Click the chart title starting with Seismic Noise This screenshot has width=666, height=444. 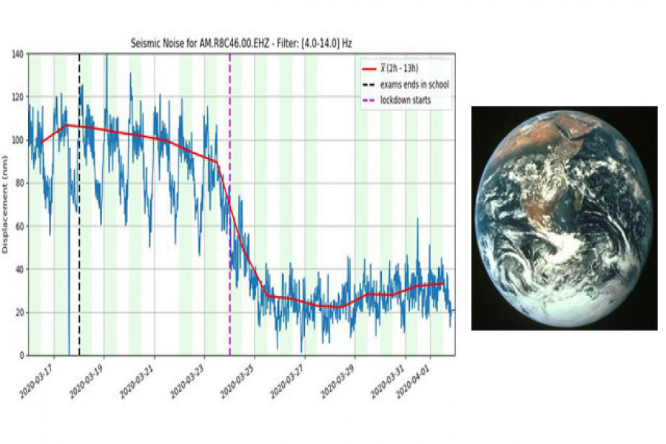(240, 44)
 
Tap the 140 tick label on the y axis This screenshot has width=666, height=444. (17, 54)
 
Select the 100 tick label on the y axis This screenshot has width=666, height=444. (17, 141)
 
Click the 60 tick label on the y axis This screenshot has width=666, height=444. (19, 226)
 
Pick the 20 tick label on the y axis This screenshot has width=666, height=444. (19, 312)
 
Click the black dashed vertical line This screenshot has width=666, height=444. (79, 222)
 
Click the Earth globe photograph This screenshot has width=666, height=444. (565, 218)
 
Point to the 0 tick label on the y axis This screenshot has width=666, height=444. (22, 355)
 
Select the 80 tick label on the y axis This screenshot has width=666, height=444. (19, 184)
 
